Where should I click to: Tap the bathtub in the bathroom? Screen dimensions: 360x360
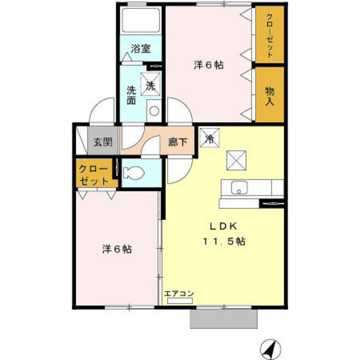click(141, 22)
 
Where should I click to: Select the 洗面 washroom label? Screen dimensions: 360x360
click(131, 95)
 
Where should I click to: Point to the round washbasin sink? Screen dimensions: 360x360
click(154, 110)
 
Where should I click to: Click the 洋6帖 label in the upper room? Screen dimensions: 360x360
click(209, 64)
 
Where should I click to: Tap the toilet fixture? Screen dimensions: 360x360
click(135, 173)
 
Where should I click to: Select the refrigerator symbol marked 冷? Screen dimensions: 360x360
click(210, 137)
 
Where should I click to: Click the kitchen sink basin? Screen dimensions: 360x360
click(239, 188)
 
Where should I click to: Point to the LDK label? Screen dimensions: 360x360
click(222, 226)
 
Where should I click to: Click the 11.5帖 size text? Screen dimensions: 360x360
click(223, 242)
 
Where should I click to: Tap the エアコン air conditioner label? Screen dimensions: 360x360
click(179, 294)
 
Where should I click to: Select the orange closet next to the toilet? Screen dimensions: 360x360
click(94, 175)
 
